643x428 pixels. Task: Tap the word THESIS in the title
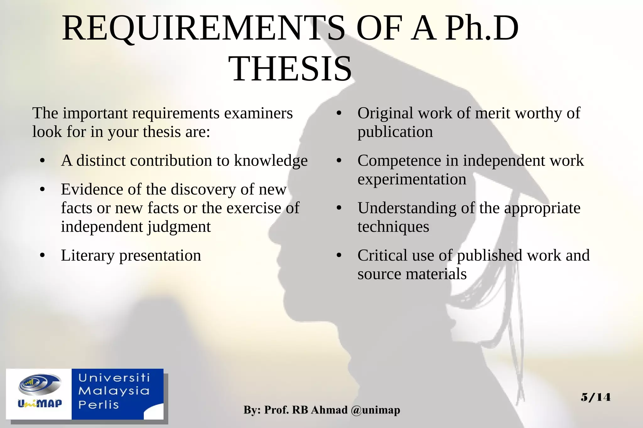(290, 69)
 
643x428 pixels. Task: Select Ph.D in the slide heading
(482, 29)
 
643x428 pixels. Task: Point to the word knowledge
(271, 161)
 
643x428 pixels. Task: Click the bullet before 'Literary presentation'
(42, 256)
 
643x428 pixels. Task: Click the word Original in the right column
(386, 114)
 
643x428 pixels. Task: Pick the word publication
(395, 132)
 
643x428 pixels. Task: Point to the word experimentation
(412, 179)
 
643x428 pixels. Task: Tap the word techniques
(393, 227)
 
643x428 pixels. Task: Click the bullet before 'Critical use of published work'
(339, 256)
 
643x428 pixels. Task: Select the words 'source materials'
(412, 274)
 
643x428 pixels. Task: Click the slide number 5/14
(596, 397)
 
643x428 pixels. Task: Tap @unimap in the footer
(376, 410)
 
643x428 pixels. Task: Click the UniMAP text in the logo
(40, 403)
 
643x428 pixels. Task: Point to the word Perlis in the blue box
(99, 404)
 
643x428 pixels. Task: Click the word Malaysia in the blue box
(114, 391)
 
